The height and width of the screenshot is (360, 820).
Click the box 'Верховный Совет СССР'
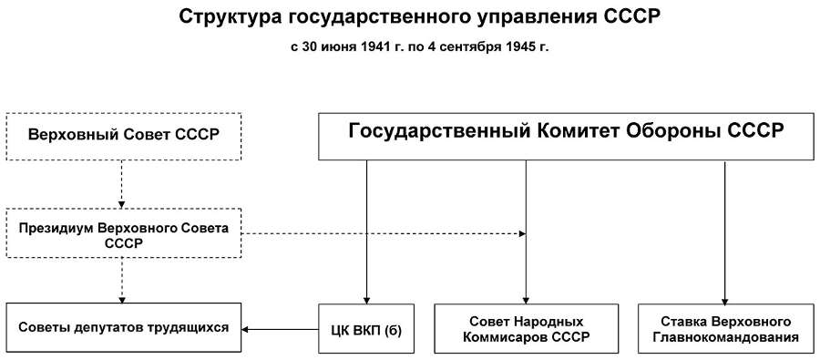point(123,136)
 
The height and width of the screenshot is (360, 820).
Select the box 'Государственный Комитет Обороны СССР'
point(566,136)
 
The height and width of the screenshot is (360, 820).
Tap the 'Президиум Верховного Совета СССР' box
point(123,232)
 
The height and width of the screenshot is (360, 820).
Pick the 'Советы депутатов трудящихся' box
point(123,327)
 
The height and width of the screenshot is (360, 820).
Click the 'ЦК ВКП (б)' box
point(366,328)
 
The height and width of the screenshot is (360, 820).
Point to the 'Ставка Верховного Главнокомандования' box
point(725,328)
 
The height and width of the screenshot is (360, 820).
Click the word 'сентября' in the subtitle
point(476,47)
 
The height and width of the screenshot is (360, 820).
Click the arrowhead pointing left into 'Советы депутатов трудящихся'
point(245,329)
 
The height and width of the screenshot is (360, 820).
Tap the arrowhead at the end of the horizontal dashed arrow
point(522,234)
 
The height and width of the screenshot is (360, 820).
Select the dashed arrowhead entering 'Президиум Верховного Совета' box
point(122,205)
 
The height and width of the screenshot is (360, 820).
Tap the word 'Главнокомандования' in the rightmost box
point(725,337)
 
